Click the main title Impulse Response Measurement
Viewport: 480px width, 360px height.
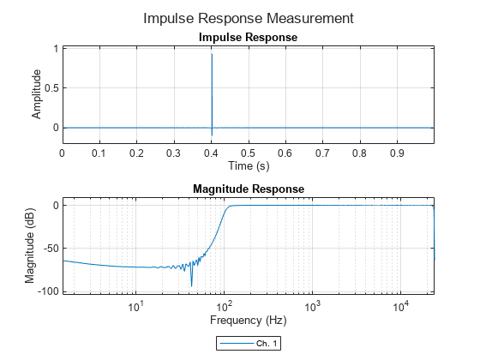[x=248, y=18]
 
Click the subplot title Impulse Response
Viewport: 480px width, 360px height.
[x=248, y=38]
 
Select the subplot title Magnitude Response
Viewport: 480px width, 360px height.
[x=248, y=189]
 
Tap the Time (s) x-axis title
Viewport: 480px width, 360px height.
[x=248, y=165]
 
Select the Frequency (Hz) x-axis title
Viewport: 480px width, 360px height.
[x=248, y=321]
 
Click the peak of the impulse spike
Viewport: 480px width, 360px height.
[x=212, y=54]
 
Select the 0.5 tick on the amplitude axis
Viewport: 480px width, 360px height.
[x=50, y=88]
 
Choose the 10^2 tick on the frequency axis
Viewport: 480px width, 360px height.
[x=225, y=306]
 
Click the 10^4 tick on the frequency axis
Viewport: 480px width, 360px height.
[x=400, y=306]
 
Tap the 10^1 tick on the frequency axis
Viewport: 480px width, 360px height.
[x=135, y=306]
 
